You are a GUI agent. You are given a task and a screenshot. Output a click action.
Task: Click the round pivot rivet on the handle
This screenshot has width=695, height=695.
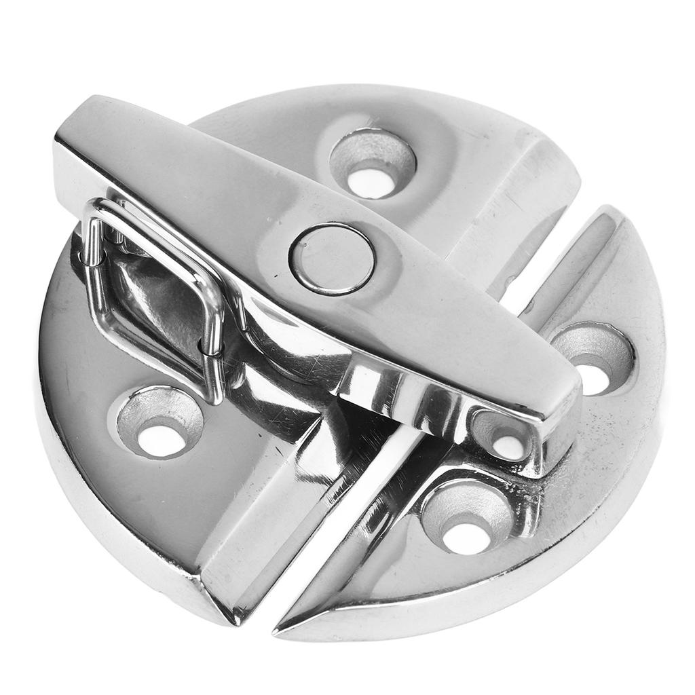point(332,258)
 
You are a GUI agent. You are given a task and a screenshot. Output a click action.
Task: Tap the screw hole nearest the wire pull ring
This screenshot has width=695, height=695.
point(160,422)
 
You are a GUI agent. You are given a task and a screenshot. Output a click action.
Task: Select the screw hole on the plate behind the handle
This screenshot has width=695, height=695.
point(373,164)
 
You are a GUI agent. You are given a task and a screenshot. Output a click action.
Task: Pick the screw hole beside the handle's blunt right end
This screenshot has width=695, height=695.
point(593,359)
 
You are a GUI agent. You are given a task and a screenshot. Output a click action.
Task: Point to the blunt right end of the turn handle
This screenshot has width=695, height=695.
point(567,428)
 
